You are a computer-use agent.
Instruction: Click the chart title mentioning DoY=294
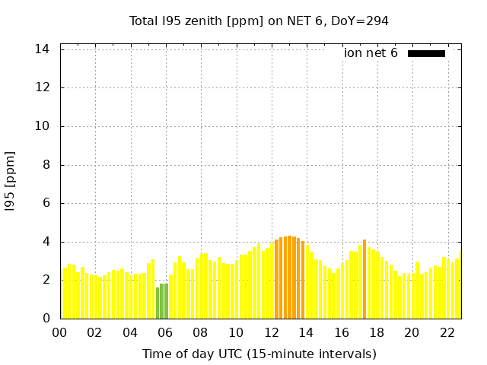259,21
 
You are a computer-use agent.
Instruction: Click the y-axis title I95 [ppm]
11,181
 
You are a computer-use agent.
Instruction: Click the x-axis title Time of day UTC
259,354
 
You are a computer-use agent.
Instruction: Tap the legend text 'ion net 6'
371,53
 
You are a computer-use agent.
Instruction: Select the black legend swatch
426,53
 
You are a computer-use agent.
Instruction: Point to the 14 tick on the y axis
43,49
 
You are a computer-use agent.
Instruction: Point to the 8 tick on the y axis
46,165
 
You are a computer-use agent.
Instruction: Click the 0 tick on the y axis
46,319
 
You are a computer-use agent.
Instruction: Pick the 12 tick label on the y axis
43,87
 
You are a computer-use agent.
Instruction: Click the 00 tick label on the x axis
60,332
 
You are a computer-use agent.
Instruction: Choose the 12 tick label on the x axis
272,332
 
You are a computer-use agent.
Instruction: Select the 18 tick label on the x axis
377,332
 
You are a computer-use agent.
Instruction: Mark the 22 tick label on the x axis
448,332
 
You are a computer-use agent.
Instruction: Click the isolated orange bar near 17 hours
364,279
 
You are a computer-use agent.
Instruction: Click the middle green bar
162,301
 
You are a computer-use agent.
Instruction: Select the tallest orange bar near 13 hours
289,277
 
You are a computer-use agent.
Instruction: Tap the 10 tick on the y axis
43,126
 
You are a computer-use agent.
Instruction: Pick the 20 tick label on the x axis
412,332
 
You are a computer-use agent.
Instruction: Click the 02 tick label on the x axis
95,332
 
